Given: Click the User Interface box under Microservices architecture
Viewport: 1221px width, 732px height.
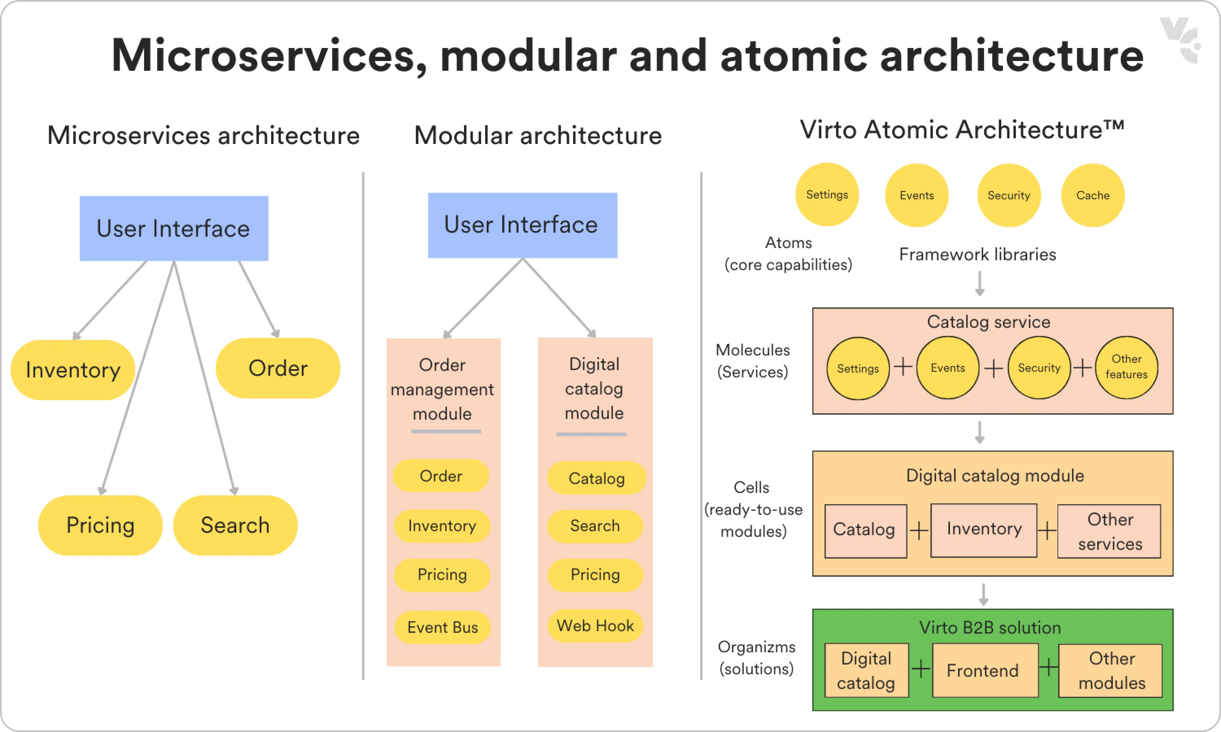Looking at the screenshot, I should [174, 229].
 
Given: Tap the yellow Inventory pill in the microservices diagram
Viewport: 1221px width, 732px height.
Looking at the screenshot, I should [73, 370].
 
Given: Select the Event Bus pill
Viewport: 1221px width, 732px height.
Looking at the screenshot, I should [442, 627].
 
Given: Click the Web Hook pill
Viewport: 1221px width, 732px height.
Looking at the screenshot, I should [595, 626].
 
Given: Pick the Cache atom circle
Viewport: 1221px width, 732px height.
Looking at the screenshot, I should [1093, 195].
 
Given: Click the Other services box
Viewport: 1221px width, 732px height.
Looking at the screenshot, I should [1109, 531].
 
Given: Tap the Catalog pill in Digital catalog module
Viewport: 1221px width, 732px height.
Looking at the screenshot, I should [596, 478].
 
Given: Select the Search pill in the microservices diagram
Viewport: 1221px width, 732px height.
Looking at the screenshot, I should [235, 525].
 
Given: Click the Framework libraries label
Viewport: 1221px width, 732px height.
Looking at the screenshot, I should [977, 255].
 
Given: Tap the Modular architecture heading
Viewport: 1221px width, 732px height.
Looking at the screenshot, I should [538, 136].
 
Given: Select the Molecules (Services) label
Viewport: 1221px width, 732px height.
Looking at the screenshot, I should [753, 361].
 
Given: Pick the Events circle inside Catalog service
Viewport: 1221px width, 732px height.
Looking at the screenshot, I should [947, 368].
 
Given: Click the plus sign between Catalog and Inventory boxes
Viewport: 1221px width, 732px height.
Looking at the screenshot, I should [919, 531].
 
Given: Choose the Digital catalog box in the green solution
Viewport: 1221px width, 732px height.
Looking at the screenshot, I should [866, 670].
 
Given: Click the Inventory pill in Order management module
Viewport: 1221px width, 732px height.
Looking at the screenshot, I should [442, 526].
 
